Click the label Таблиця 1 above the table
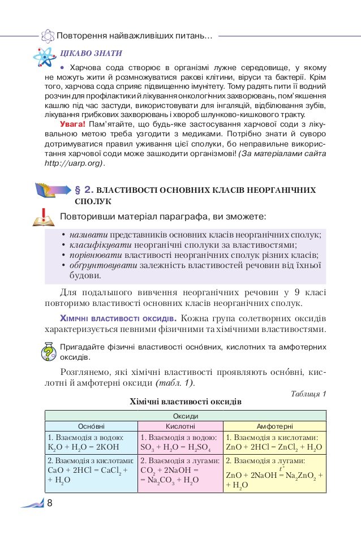pyautogui.click(x=308, y=393)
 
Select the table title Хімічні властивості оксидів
pyautogui.click(x=186, y=402)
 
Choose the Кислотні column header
pyautogui.click(x=180, y=426)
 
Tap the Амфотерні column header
pyautogui.click(x=274, y=426)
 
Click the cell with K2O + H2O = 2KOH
pyautogui.click(x=91, y=442)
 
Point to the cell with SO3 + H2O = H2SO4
pyautogui.click(x=180, y=442)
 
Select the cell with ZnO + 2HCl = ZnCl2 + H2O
pyautogui.click(x=274, y=442)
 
